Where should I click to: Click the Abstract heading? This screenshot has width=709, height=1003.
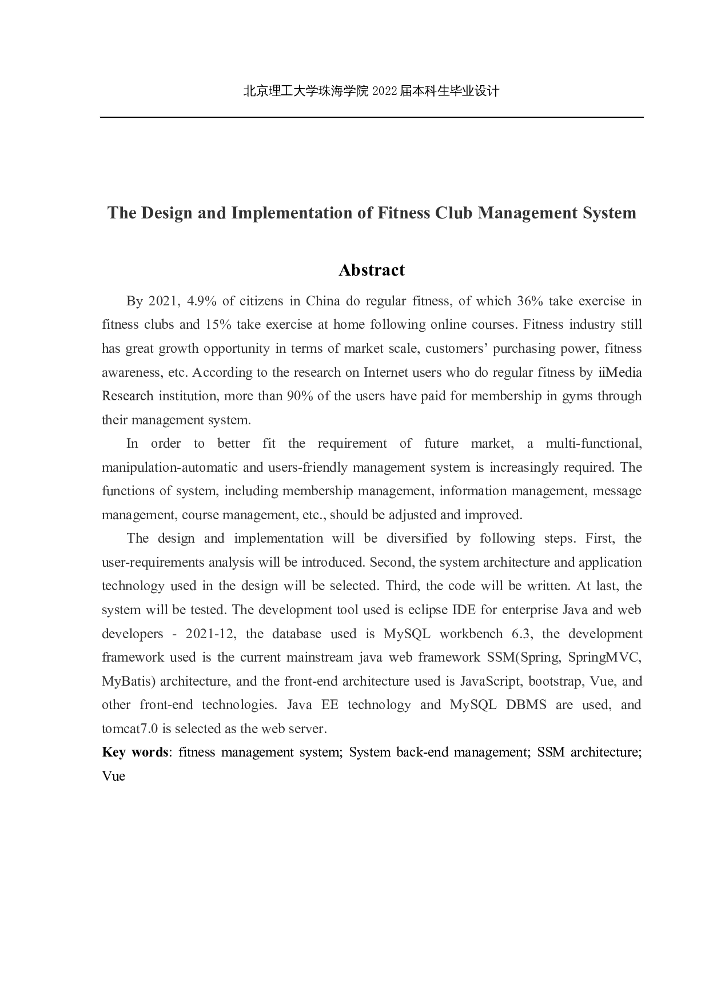[x=371, y=270]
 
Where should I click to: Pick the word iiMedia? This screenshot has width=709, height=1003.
[x=620, y=372]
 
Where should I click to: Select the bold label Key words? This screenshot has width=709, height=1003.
[x=135, y=752]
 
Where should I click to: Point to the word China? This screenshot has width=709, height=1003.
[x=323, y=301]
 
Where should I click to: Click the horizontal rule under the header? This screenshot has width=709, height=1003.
[x=372, y=117]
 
